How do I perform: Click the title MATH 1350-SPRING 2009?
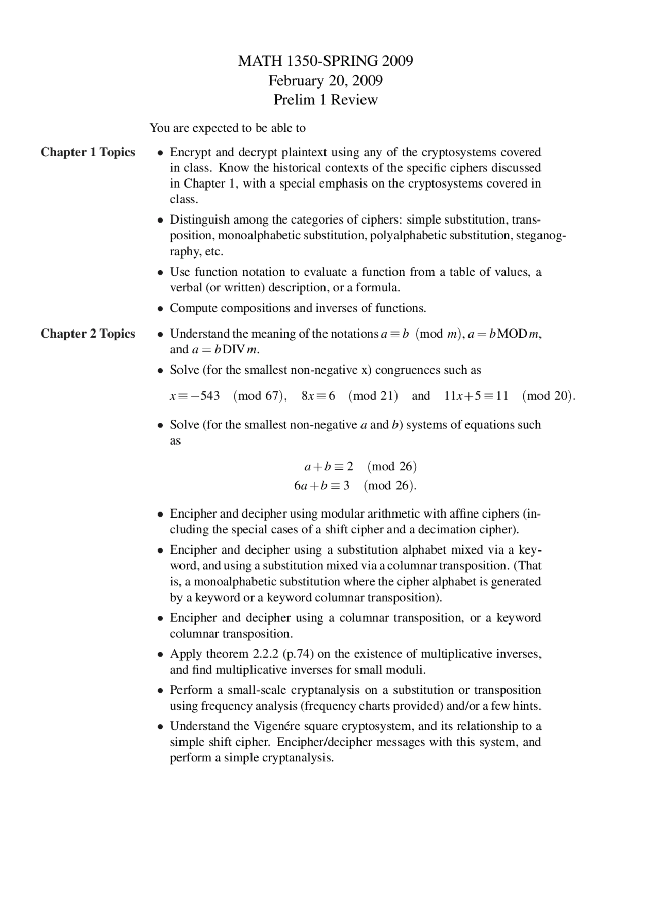pos(326,61)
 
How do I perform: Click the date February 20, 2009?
pos(326,81)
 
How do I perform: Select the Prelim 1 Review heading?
pos(326,100)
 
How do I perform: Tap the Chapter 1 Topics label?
pos(88,152)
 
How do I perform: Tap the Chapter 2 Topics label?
pos(88,334)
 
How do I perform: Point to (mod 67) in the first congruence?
pos(260,396)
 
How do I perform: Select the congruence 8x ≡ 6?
pos(318,396)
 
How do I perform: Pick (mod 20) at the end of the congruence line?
pos(548,396)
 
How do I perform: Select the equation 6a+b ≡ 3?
pos(321,486)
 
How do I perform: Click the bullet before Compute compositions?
pos(160,309)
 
